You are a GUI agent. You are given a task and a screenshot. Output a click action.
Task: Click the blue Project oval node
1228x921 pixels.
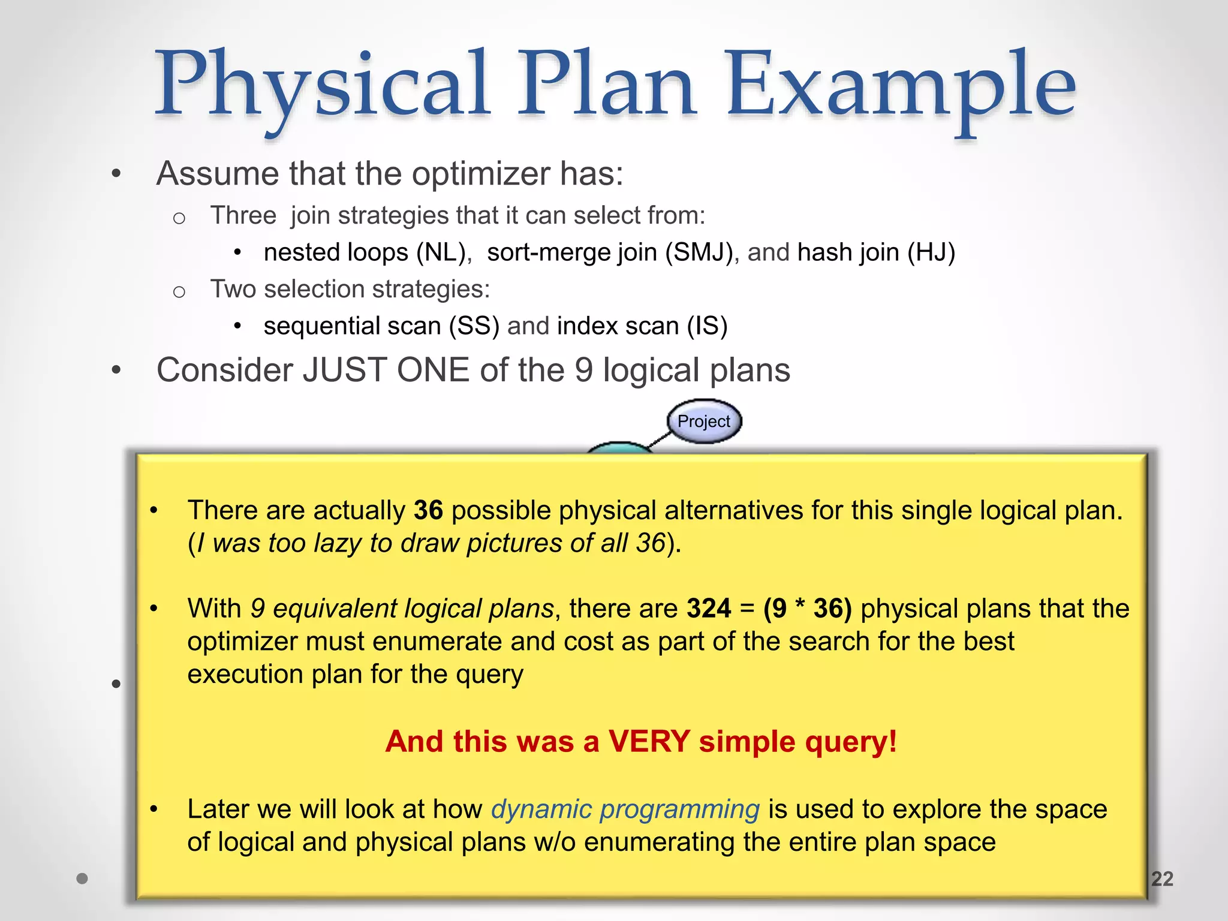point(704,422)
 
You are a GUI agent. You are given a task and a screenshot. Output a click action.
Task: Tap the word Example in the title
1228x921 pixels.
point(901,84)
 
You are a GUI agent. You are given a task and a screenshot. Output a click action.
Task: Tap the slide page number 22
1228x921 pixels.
point(1161,878)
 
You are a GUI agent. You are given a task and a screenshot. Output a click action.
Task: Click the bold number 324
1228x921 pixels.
point(708,609)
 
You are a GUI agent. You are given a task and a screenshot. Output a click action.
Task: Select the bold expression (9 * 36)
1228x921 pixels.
point(807,609)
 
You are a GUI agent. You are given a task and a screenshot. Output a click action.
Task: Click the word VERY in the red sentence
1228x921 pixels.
point(649,742)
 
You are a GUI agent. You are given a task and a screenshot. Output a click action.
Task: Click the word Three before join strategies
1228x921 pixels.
point(243,216)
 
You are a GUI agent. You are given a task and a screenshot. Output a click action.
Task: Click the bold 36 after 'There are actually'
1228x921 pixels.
point(428,510)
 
